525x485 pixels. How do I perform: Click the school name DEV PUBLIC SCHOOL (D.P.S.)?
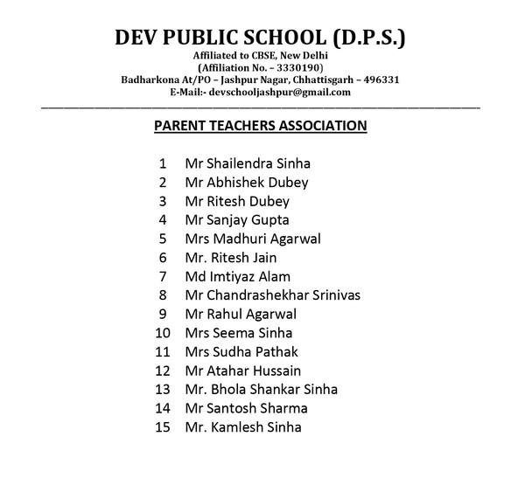(261, 39)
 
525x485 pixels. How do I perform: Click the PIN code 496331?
(381, 80)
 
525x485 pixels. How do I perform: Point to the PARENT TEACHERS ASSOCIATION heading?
(260, 125)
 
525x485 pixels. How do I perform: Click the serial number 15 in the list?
(162, 427)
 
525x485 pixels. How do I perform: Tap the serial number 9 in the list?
(163, 314)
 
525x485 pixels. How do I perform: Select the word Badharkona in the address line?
(150, 80)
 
